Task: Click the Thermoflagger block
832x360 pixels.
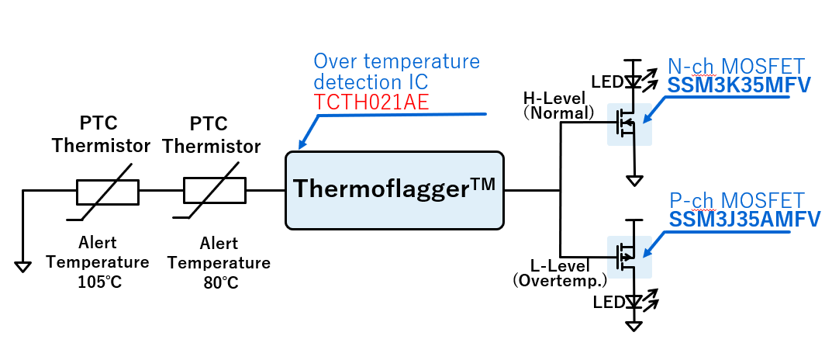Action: (x=395, y=190)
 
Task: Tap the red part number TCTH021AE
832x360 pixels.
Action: (x=371, y=102)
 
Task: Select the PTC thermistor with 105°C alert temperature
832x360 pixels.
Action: (x=108, y=190)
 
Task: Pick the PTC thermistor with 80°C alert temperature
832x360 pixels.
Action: (x=214, y=190)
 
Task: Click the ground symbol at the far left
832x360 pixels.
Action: (x=23, y=266)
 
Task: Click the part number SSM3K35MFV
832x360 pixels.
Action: (x=739, y=85)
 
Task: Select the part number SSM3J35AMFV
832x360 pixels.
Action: (x=744, y=220)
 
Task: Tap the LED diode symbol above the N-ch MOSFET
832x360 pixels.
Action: (x=634, y=81)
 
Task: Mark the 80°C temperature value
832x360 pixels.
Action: (x=219, y=282)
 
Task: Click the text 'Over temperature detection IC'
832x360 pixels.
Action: (x=396, y=71)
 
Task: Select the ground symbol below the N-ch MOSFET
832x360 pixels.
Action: (x=634, y=182)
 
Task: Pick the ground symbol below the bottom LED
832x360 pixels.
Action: (x=634, y=326)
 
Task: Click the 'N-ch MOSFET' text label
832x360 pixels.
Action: (x=737, y=65)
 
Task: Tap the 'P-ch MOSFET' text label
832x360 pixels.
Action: (x=737, y=200)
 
